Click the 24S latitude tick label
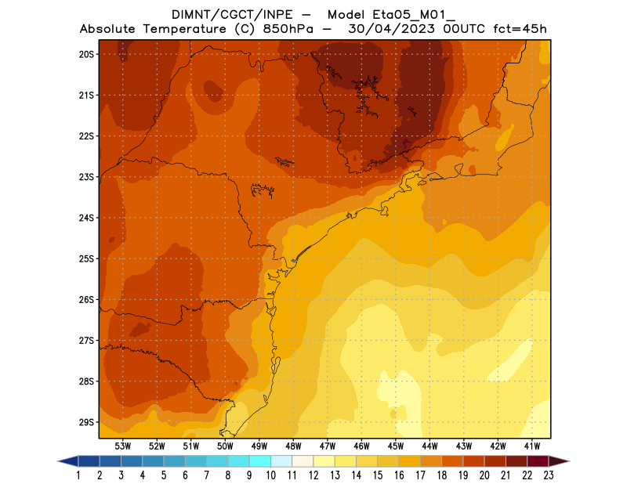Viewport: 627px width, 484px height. pyautogui.click(x=86, y=218)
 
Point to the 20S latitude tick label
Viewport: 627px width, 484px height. pyautogui.click(x=86, y=54)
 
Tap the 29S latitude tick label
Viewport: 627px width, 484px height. pyautogui.click(x=86, y=422)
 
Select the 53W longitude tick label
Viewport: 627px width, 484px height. pyautogui.click(x=122, y=446)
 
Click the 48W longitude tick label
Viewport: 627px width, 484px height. pyautogui.click(x=293, y=446)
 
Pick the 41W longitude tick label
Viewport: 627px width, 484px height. pyautogui.click(x=532, y=446)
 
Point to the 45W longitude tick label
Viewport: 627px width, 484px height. pyautogui.click(x=396, y=446)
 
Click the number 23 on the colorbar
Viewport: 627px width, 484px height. pyautogui.click(x=549, y=475)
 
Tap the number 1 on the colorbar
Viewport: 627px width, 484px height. pyautogui.click(x=79, y=475)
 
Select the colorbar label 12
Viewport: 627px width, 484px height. pyautogui.click(x=313, y=475)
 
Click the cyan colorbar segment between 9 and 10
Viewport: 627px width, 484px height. pyautogui.click(x=260, y=461)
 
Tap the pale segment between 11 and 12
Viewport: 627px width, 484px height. pyautogui.click(x=303, y=461)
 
